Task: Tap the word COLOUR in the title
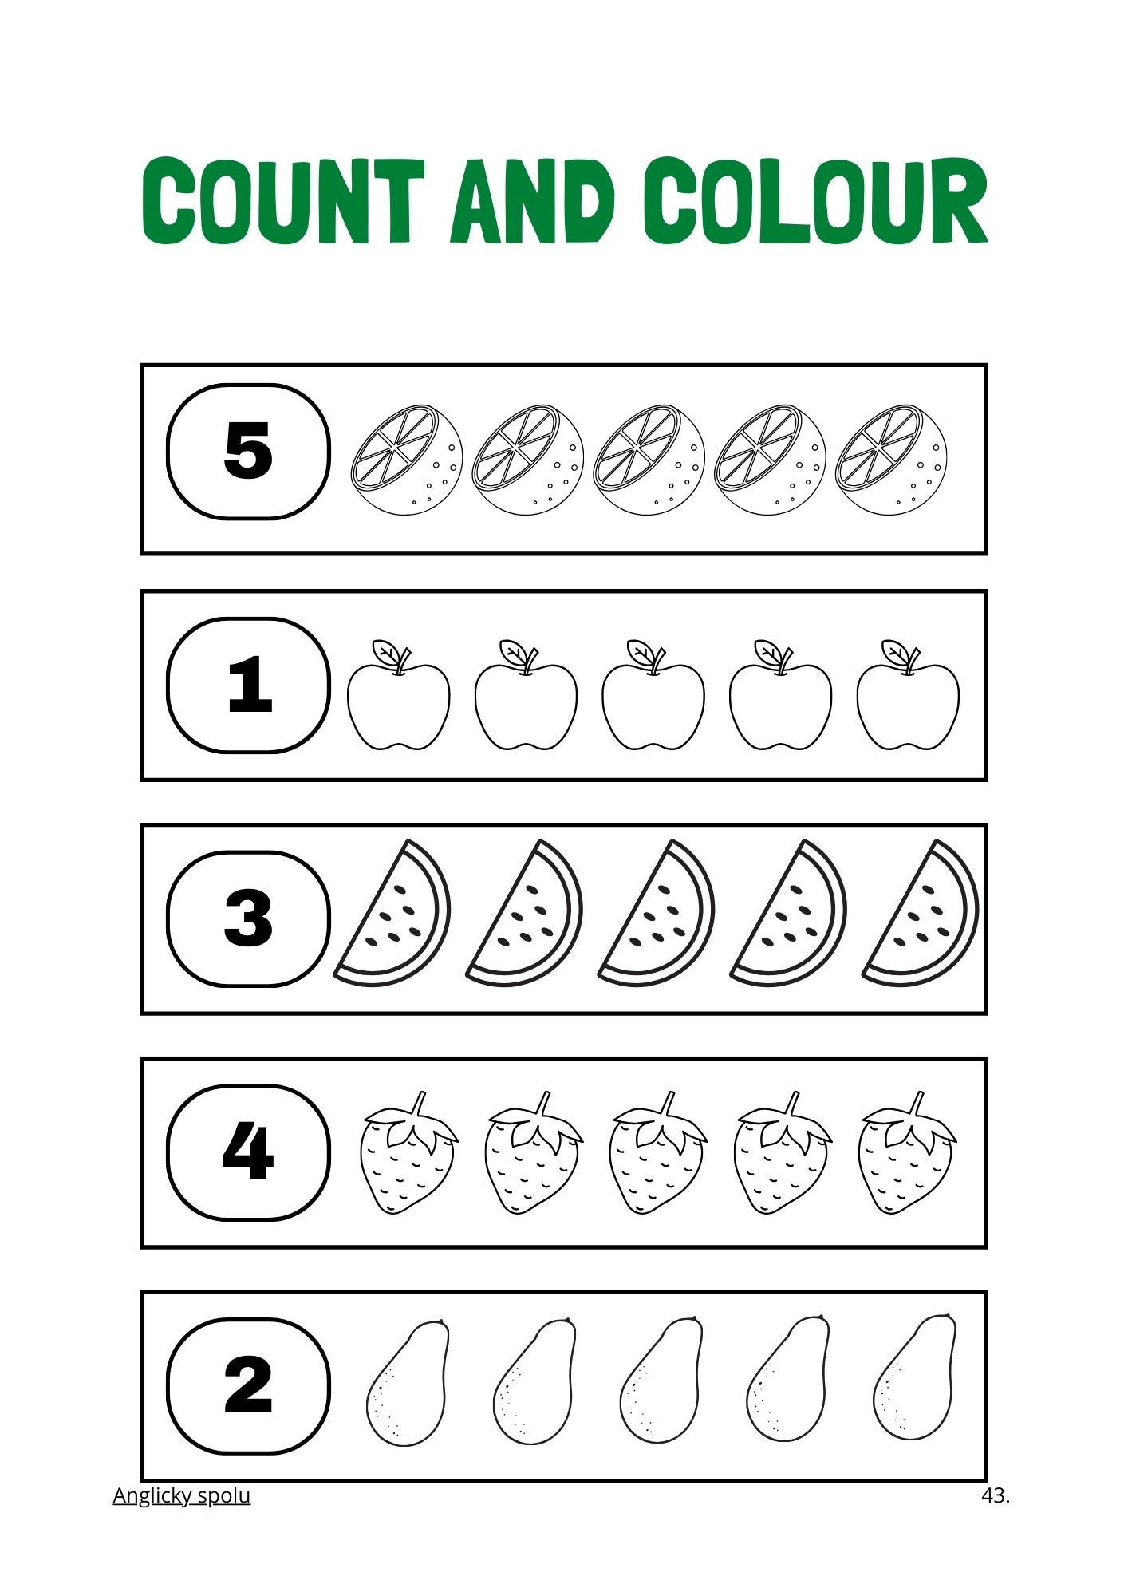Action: pyautogui.click(x=816, y=201)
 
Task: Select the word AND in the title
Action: pyautogui.click(x=533, y=201)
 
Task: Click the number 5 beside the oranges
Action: pyautogui.click(x=248, y=451)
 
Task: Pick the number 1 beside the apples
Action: pyautogui.click(x=250, y=684)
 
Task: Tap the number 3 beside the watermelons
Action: pyautogui.click(x=248, y=918)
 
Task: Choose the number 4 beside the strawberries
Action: pyautogui.click(x=248, y=1152)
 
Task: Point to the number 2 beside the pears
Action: pyautogui.click(x=248, y=1385)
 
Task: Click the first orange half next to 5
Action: pyautogui.click(x=407, y=459)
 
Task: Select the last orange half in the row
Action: pyautogui.click(x=892, y=459)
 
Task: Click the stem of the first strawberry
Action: pyautogui.click(x=417, y=1105)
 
